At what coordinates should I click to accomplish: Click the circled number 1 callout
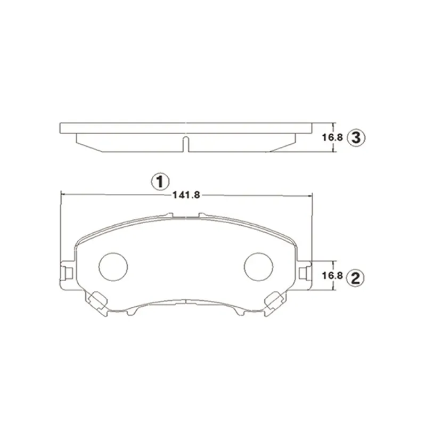click(x=160, y=182)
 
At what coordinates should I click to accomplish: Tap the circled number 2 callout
click(x=356, y=277)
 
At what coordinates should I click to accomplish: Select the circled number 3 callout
click(x=356, y=137)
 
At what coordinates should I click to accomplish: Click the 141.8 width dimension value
click(x=186, y=195)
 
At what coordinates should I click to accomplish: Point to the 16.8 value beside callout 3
click(x=332, y=137)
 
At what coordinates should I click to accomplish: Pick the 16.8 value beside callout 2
click(x=332, y=276)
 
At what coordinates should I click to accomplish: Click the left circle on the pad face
click(x=113, y=267)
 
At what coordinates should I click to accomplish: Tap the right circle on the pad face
click(x=258, y=267)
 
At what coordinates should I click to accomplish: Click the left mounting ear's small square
click(x=69, y=273)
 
